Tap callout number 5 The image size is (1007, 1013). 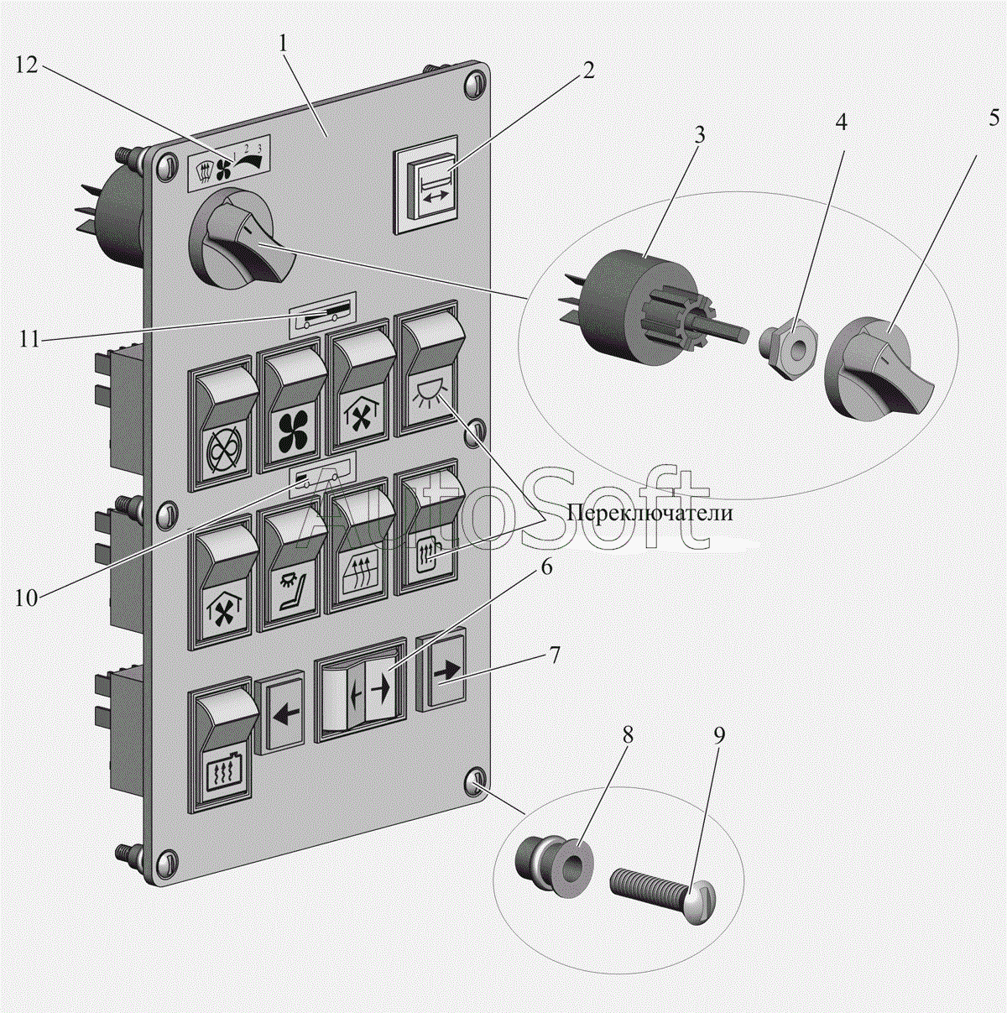point(992,117)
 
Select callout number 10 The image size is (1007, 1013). point(26,598)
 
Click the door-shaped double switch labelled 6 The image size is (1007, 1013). point(361,690)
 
